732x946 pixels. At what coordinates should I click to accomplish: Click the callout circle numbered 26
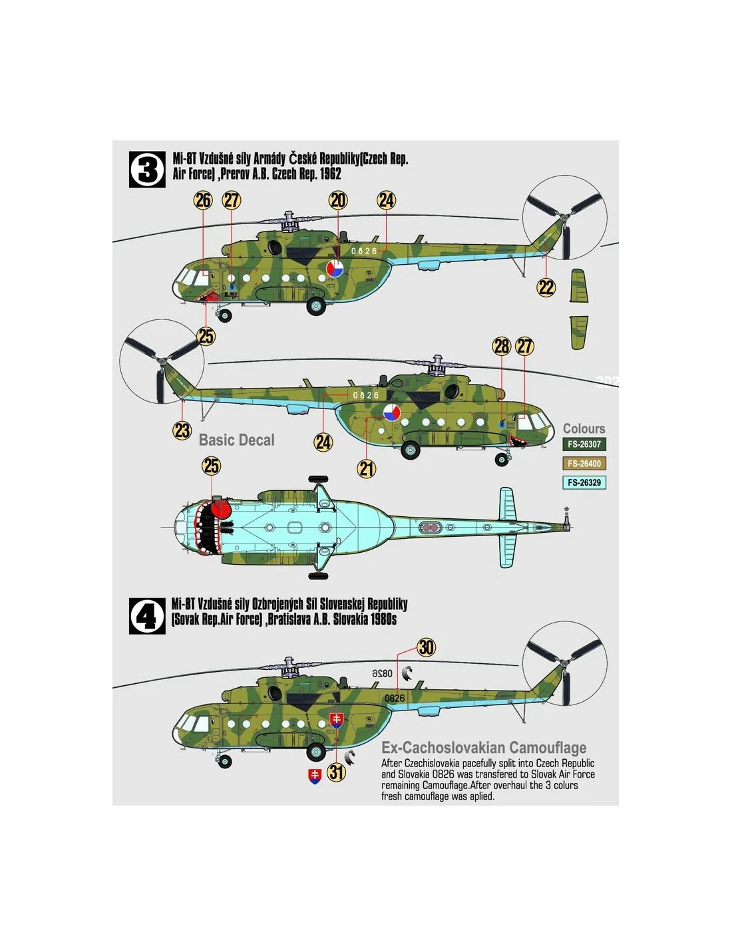(x=203, y=200)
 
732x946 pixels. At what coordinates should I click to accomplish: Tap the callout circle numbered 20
(x=338, y=200)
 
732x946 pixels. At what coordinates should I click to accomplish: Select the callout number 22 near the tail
(x=546, y=287)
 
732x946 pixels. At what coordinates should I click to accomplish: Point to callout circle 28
(x=501, y=346)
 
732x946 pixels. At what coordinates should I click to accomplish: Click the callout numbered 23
(x=182, y=430)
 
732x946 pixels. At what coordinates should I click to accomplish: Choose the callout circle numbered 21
(x=366, y=469)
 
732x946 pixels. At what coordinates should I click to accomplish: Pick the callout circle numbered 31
(x=336, y=772)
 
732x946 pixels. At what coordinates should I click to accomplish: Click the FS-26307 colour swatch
(x=584, y=444)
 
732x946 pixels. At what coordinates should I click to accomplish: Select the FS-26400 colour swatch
(x=584, y=464)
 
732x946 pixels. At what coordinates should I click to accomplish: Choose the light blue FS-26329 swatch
(x=584, y=482)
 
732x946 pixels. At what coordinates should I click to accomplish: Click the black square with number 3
(x=147, y=170)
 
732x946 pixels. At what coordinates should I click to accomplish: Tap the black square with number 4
(x=147, y=615)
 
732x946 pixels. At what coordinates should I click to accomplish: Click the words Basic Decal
(x=236, y=440)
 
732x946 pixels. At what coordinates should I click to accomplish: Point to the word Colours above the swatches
(x=584, y=428)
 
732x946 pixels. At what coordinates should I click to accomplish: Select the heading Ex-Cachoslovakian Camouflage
(x=484, y=748)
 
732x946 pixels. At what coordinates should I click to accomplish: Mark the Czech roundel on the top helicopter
(x=335, y=269)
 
